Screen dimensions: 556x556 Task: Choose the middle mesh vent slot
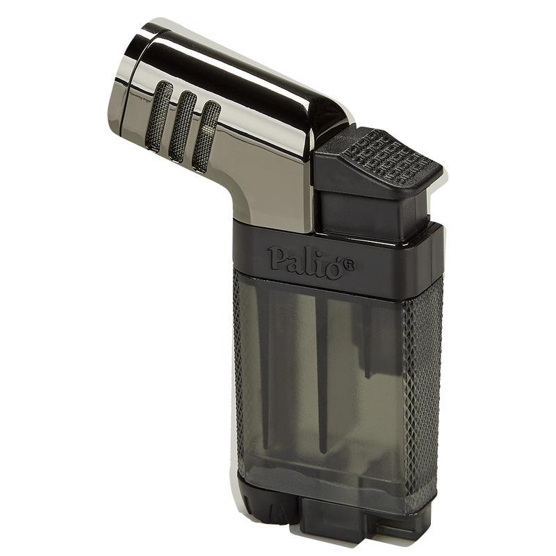(x=182, y=126)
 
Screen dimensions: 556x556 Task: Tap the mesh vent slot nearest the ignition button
(x=206, y=137)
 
